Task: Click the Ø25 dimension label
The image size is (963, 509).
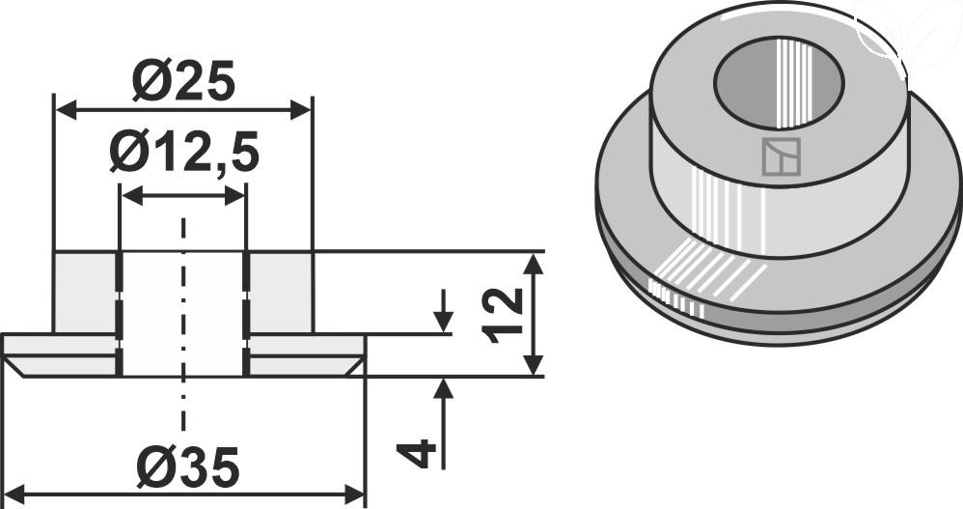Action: point(183,85)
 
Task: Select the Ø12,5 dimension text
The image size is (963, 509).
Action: point(183,153)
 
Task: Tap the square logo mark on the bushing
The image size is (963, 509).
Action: point(782,157)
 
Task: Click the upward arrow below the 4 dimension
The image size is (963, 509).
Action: point(443,389)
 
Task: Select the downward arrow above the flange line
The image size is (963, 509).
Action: point(443,322)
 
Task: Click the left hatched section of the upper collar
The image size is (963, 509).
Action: point(85,292)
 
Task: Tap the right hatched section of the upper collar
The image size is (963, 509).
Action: point(281,292)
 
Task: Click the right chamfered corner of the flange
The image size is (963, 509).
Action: point(356,365)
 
